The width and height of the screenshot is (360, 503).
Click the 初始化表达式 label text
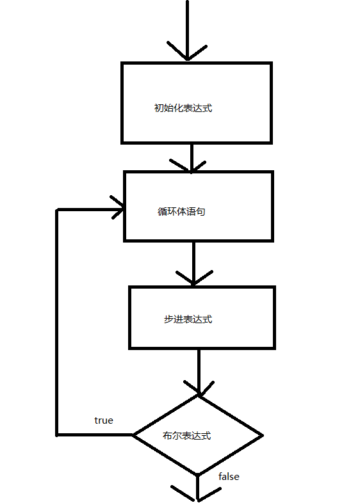click(183, 108)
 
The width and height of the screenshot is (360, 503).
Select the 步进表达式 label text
click(188, 319)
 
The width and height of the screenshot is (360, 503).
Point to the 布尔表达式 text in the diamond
click(187, 436)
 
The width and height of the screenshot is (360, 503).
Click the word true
click(104, 420)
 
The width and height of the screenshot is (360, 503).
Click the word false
click(229, 477)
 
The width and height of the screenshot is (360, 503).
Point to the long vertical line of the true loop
click(58, 320)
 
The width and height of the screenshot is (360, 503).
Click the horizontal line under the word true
click(96, 435)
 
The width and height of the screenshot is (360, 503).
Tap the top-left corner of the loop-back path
click(58, 210)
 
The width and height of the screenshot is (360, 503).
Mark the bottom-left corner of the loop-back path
click(58, 435)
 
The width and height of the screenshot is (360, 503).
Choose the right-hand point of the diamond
click(262, 436)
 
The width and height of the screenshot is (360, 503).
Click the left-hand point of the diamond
click(133, 435)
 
